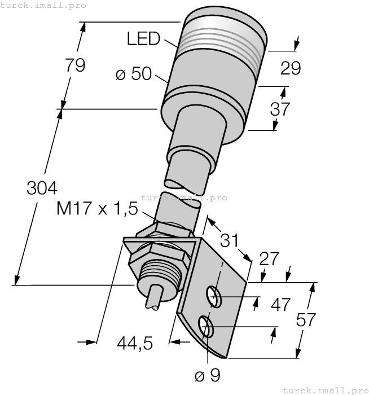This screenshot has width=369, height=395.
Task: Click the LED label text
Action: tap(143, 39)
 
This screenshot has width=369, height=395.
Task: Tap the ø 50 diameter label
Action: tap(133, 74)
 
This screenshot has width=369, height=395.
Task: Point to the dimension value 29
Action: tap(290, 68)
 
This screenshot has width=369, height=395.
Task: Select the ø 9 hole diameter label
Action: tap(208, 374)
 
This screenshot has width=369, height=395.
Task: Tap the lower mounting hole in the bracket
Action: tap(205, 326)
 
